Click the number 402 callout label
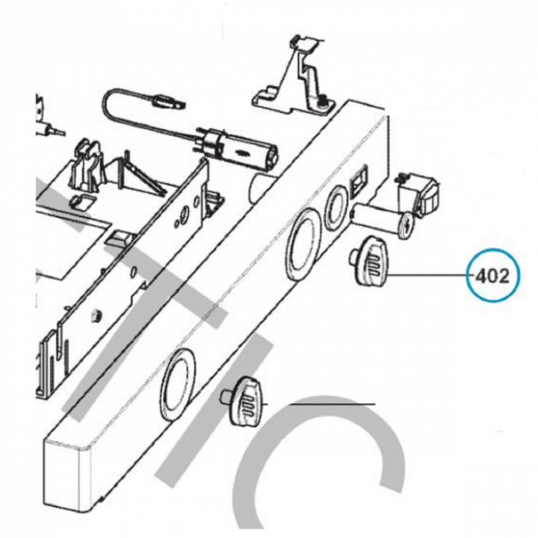(492, 276)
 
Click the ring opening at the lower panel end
(176, 385)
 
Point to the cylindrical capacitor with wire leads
(238, 148)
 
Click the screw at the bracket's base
(322, 102)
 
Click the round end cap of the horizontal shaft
(407, 225)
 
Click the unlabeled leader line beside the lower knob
(332, 404)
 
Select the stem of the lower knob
(226, 396)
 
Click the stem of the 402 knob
(354, 256)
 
